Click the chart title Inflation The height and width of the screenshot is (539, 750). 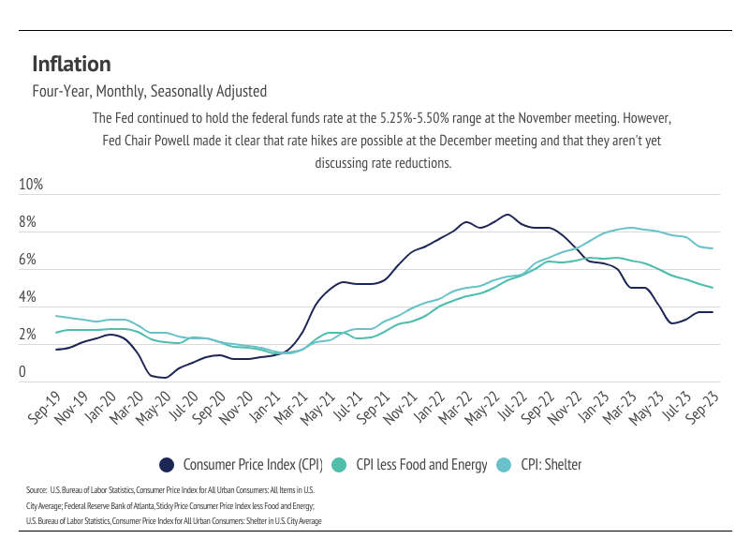click(71, 64)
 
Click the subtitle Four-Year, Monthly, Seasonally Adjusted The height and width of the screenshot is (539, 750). click(150, 92)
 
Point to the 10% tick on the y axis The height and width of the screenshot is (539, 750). click(32, 185)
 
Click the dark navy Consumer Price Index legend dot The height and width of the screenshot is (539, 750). click(168, 465)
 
